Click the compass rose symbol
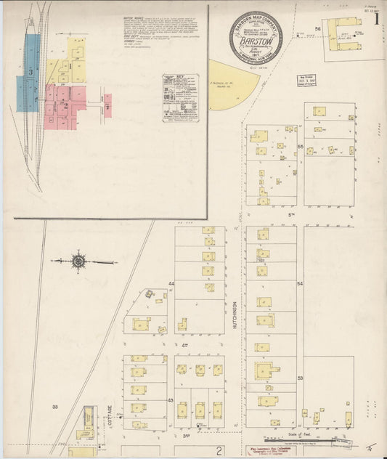(78, 260)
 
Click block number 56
(317, 28)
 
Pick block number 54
(299, 284)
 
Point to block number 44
(172, 283)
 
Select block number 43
(171, 400)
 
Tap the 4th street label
(184, 344)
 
